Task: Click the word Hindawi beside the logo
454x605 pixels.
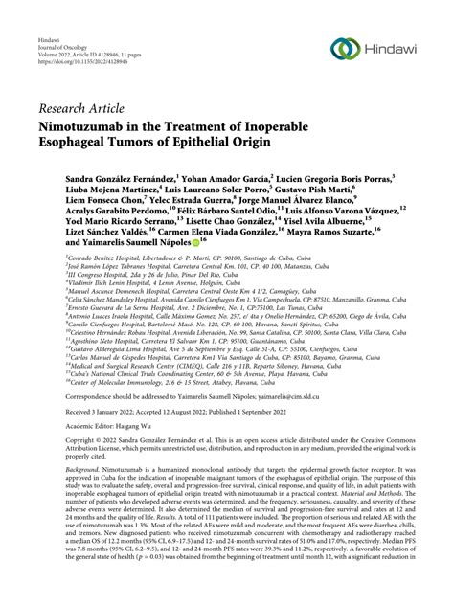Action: pyautogui.click(x=395, y=49)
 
